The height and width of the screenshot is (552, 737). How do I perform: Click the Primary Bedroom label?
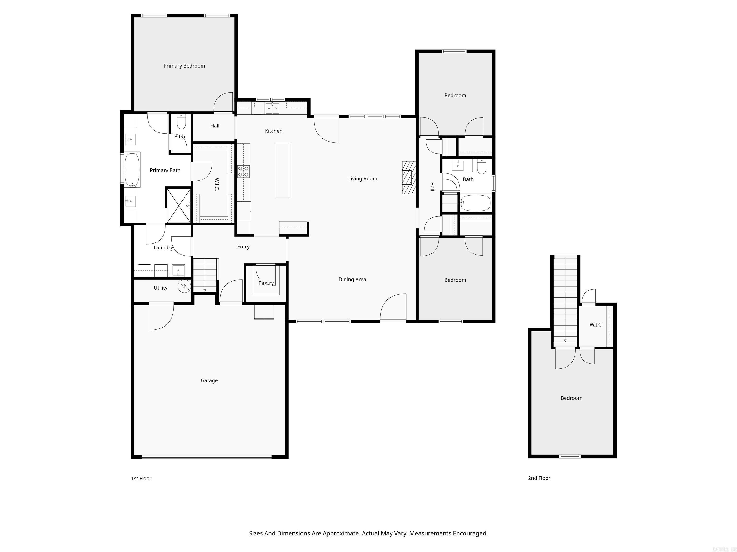184,66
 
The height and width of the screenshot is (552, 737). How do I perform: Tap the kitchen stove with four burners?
243,171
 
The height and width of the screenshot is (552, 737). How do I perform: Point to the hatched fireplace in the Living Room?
409,178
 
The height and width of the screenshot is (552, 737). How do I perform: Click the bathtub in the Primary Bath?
132,170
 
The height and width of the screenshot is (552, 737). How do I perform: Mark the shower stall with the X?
178,205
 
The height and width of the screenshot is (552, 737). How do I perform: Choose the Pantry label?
266,283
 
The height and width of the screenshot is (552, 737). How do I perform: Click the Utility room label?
160,288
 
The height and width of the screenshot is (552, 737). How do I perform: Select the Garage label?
209,380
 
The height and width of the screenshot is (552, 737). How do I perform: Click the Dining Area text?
352,280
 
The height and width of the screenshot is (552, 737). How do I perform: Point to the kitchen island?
283,170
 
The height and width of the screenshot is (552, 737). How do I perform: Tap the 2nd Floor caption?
539,478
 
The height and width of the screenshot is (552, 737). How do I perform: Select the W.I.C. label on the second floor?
596,325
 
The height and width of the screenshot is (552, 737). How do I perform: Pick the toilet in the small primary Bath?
181,122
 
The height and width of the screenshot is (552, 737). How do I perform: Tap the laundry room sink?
178,270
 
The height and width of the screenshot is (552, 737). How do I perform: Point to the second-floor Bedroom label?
571,398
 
